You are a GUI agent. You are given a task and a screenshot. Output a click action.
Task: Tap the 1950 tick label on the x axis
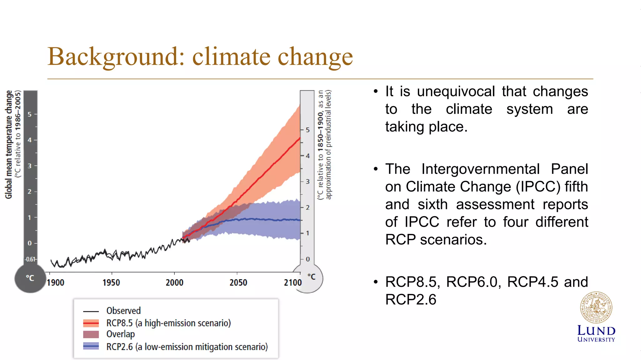pyautogui.click(x=111, y=283)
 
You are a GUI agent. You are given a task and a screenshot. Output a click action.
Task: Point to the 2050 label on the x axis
pyautogui.click(x=238, y=283)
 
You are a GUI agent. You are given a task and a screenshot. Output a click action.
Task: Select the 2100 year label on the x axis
pyautogui.click(x=293, y=283)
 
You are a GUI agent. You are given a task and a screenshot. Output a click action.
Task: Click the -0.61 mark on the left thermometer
pyautogui.click(x=30, y=259)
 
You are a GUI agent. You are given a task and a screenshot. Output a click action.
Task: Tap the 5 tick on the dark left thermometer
pyautogui.click(x=30, y=114)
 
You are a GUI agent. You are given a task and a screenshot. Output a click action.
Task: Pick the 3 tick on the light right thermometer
pyautogui.click(x=308, y=181)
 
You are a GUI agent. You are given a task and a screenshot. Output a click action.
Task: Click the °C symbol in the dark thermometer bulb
pyautogui.click(x=30, y=278)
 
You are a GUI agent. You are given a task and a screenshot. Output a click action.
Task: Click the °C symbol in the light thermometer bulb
pyautogui.click(x=311, y=277)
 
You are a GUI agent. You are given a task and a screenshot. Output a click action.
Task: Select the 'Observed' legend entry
pyautogui.click(x=123, y=311)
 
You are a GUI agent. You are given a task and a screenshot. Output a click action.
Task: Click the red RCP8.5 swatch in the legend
pyautogui.click(x=91, y=323)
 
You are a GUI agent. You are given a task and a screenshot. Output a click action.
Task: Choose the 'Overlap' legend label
pyautogui.click(x=121, y=334)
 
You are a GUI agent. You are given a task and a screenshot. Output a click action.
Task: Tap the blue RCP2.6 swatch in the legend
pyautogui.click(x=91, y=346)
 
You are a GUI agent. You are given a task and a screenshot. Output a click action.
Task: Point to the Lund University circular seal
pyautogui.click(x=596, y=308)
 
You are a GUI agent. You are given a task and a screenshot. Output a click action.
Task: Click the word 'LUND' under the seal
pyautogui.click(x=596, y=331)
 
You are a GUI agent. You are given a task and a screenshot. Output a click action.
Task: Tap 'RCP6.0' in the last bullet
pyautogui.click(x=471, y=282)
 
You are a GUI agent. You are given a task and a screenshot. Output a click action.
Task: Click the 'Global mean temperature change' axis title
pyautogui.click(x=9, y=145)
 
